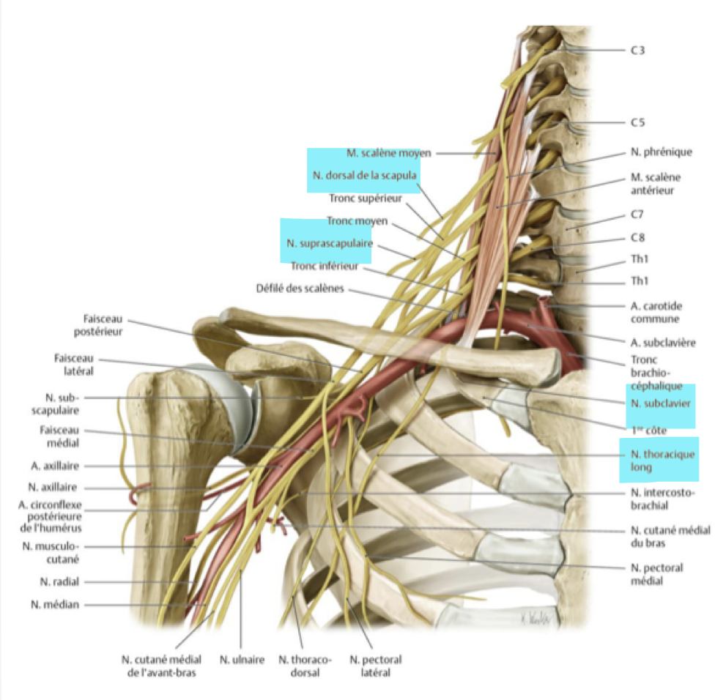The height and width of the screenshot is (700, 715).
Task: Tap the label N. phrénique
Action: pos(660,152)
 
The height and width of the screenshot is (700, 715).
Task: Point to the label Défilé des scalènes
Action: pos(299,288)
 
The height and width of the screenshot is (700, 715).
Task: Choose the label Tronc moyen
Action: pos(357,220)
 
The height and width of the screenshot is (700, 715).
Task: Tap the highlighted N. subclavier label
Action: pos(660,403)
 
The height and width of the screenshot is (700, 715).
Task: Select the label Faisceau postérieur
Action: pos(103,326)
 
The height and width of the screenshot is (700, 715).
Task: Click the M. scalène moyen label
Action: pos(389,153)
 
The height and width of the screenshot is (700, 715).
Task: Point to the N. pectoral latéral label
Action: pos(375,666)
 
